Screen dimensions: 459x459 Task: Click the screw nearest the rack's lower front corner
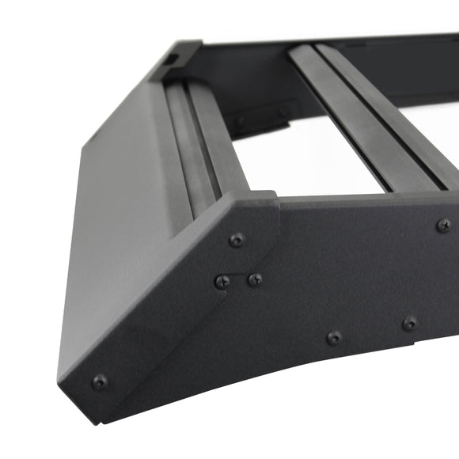pyautogui.click(x=100, y=381)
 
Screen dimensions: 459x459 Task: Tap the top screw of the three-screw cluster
pyautogui.click(x=236, y=240)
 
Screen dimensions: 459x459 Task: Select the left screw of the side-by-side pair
pyautogui.click(x=224, y=280)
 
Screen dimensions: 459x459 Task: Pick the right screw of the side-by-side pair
pyautogui.click(x=255, y=279)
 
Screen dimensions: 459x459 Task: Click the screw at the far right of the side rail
pyautogui.click(x=444, y=226)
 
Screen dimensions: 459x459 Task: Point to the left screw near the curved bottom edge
pyautogui.click(x=335, y=338)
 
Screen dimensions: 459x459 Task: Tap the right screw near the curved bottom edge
pyautogui.click(x=409, y=323)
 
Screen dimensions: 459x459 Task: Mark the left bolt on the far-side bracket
pyautogui.click(x=241, y=121)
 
